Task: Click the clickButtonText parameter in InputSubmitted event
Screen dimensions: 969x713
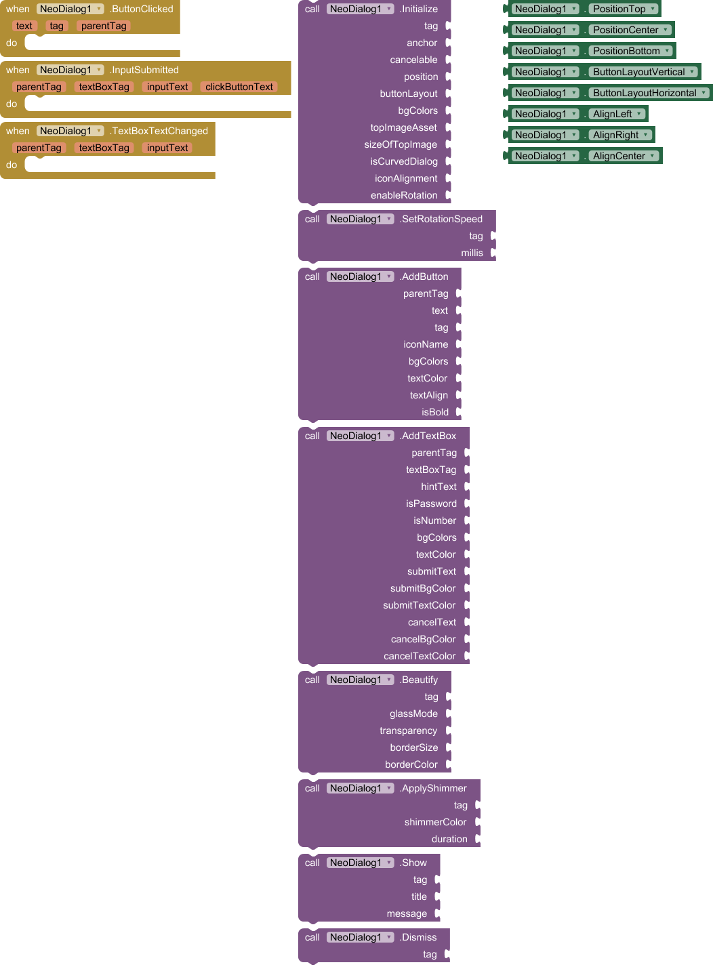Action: (239, 87)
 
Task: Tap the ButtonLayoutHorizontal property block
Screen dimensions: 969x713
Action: (644, 93)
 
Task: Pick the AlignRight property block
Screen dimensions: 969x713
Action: (615, 135)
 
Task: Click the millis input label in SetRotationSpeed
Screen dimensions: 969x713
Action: (472, 253)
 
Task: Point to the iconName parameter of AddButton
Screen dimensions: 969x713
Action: (426, 344)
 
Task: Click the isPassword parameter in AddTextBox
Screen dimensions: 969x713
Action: (431, 503)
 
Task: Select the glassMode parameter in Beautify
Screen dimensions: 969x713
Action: (413, 714)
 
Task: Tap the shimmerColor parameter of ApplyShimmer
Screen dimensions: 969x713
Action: (435, 822)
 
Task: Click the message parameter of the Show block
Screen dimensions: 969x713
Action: (407, 913)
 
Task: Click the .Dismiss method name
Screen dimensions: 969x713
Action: (418, 937)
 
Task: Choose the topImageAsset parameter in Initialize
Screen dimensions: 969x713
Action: (403, 127)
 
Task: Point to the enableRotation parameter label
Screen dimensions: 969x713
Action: (404, 195)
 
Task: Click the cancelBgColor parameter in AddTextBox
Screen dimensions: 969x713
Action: (423, 639)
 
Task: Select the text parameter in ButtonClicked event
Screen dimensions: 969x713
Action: (24, 26)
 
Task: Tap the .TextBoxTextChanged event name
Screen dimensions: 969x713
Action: (159, 131)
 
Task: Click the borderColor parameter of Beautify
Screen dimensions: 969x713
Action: (411, 764)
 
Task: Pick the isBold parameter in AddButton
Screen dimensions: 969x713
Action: (435, 412)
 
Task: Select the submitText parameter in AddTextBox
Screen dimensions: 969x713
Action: (432, 571)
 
